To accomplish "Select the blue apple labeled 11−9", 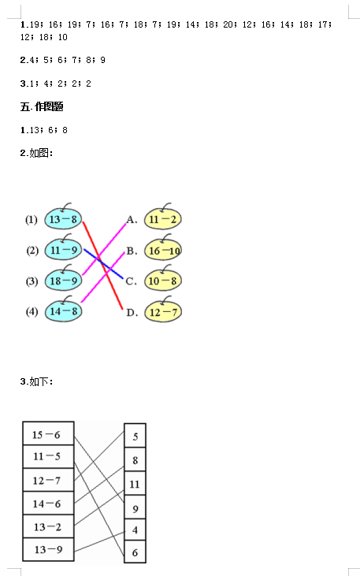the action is point(63,250).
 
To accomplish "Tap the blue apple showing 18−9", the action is point(63,281).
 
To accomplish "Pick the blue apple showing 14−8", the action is point(63,311).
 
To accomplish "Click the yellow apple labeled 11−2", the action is point(163,219).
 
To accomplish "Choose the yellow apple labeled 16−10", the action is point(163,250).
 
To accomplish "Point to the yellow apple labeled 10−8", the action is point(163,281).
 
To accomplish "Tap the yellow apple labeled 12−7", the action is point(163,312).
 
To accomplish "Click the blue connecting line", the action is point(104,264).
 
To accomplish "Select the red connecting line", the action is point(102,266).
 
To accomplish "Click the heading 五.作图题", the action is point(42,106).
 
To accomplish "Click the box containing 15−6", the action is point(48,433).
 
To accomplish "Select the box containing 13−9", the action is point(48,549).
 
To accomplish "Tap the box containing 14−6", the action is point(48,503).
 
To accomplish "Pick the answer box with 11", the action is point(135,484).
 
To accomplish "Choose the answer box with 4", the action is point(135,530).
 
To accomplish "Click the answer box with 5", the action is point(135,436).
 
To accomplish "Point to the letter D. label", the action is point(132,313).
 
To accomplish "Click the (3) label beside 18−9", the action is point(32,281).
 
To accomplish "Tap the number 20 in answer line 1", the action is point(228,24).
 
